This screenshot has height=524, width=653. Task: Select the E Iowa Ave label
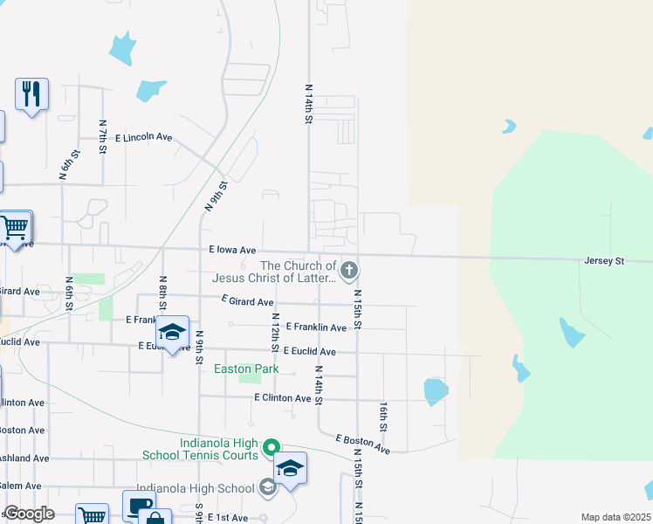[x=232, y=250]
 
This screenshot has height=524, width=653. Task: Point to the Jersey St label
[x=603, y=261]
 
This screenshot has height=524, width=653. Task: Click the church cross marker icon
[x=348, y=271]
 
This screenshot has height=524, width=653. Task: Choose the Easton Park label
[x=246, y=369]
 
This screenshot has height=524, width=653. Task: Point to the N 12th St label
[x=275, y=333]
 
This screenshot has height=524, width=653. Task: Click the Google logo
[x=29, y=514]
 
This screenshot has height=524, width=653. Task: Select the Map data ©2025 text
[x=615, y=517]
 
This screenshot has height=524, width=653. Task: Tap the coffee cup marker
[x=138, y=506]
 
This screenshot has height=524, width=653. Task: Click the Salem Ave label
[x=19, y=486]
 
